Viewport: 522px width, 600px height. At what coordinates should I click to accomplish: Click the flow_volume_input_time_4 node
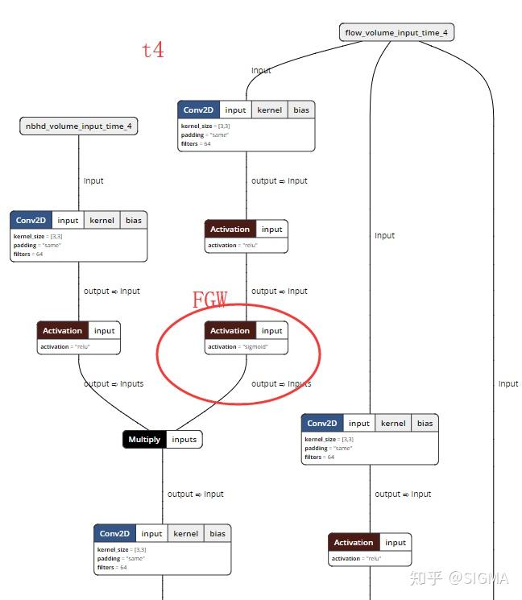[x=397, y=33]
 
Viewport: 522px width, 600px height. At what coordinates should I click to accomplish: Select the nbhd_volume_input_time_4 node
[x=78, y=126]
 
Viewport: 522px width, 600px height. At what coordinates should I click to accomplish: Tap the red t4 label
[x=153, y=50]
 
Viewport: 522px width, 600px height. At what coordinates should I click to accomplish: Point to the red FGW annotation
[x=209, y=300]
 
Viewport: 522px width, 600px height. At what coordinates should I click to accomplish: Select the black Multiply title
[x=144, y=440]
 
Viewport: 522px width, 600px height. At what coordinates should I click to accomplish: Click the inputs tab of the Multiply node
[x=184, y=440]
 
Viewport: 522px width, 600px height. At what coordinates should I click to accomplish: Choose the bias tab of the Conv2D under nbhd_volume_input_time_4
[x=134, y=220]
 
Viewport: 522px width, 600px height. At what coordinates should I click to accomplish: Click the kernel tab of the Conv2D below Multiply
[x=185, y=533]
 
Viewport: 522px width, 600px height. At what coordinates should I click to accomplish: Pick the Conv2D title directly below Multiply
[x=114, y=533]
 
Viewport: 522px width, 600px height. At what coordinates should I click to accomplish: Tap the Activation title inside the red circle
[x=230, y=331]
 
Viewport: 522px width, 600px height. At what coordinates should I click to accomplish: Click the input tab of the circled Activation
[x=272, y=331]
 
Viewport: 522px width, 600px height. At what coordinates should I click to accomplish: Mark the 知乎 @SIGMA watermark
[x=458, y=577]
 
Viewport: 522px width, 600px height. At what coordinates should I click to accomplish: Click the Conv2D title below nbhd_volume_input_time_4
[x=31, y=220]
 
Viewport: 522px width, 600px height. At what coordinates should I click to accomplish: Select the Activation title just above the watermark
[x=354, y=542]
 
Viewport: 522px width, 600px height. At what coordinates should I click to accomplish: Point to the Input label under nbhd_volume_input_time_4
[x=93, y=181]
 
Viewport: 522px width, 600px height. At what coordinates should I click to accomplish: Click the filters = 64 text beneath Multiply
[x=112, y=568]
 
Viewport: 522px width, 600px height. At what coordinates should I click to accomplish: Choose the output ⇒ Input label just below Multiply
[x=195, y=494]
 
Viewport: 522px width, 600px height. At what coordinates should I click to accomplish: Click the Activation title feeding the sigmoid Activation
[x=230, y=230]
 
